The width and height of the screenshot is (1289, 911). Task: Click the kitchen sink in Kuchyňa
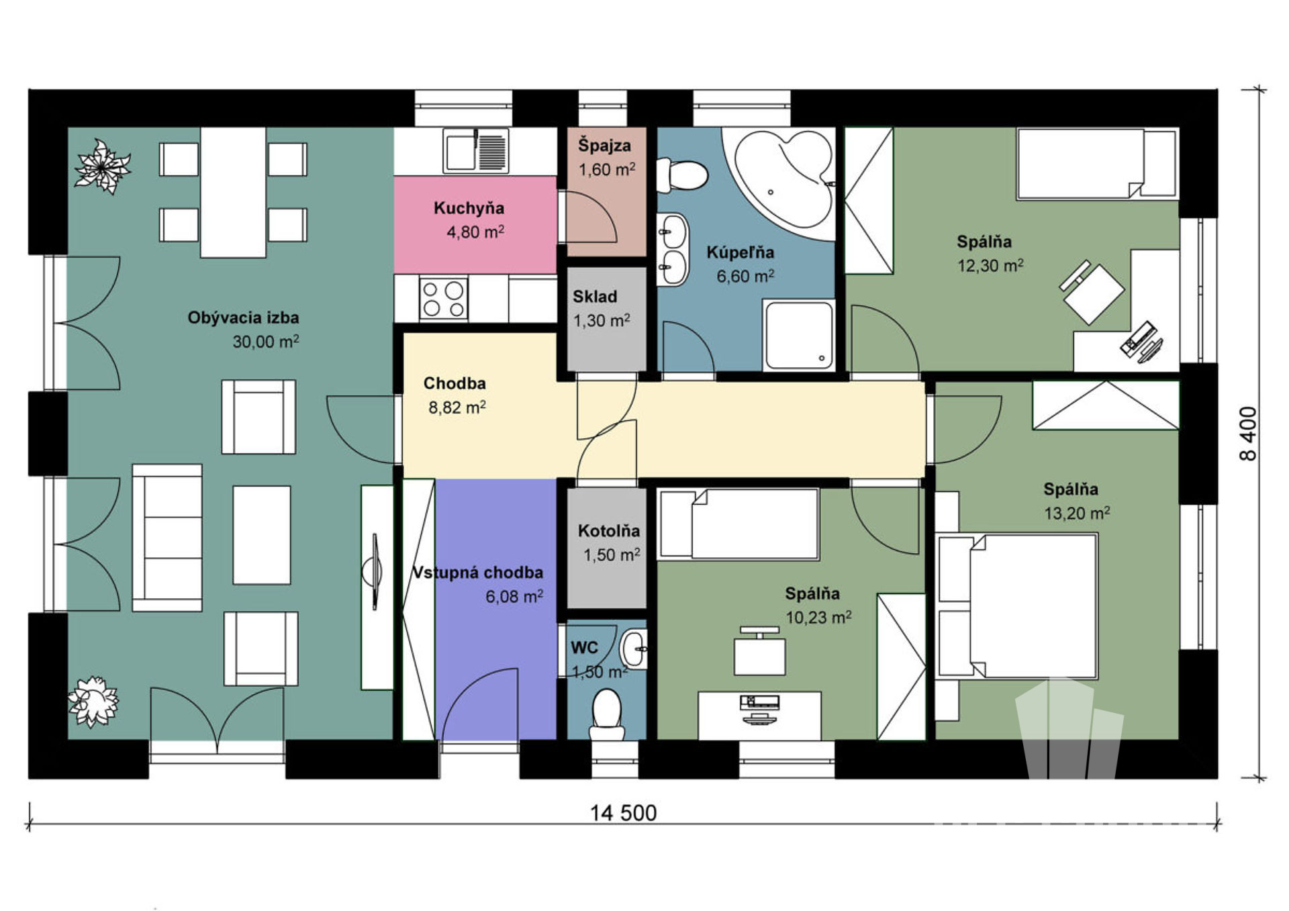[475, 150]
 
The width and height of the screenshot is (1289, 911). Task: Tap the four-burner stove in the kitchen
[443, 299]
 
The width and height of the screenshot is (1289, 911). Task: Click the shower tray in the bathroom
[799, 335]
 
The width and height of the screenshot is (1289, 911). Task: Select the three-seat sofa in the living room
[167, 538]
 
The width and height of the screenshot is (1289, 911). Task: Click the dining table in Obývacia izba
[233, 192]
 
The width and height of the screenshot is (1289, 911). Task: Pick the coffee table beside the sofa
[262, 535]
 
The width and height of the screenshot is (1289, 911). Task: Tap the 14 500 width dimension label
[623, 813]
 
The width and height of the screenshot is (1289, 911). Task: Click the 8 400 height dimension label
[1247, 434]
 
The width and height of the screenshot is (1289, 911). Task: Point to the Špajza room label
[605, 145]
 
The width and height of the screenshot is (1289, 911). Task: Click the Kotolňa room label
[609, 531]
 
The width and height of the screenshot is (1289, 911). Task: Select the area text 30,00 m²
[266, 341]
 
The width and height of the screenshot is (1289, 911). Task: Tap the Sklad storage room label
[595, 296]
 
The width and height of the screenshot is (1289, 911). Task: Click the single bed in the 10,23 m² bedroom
[739, 524]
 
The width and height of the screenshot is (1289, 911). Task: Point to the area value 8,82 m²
[457, 407]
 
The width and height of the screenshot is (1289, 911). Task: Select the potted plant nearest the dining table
[102, 166]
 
